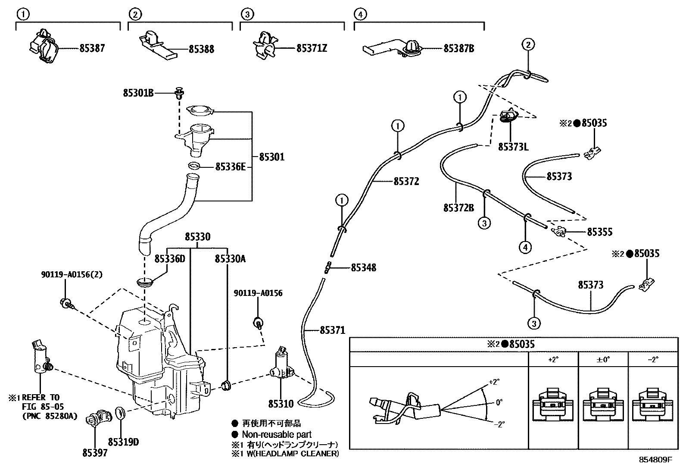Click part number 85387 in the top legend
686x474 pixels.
click(x=92, y=48)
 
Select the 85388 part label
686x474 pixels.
click(x=201, y=49)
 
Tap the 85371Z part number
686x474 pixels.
click(x=312, y=48)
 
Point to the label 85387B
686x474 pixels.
click(x=459, y=48)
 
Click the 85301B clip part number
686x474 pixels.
click(x=138, y=93)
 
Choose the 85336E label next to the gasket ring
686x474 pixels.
click(x=231, y=167)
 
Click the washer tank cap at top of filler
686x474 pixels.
click(x=200, y=110)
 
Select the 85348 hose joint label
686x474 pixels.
click(x=364, y=268)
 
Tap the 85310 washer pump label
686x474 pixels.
click(x=281, y=404)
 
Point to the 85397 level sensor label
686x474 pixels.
click(x=95, y=453)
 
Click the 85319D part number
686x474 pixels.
click(x=123, y=442)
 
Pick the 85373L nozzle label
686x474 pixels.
click(x=513, y=147)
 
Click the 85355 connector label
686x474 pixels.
click(x=600, y=232)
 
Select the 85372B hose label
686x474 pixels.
click(x=459, y=208)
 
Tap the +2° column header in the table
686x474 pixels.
click(x=553, y=359)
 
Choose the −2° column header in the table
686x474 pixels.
click(x=653, y=359)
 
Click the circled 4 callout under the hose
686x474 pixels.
click(x=526, y=247)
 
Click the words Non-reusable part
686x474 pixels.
click(x=277, y=434)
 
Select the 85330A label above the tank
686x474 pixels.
click(x=230, y=259)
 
